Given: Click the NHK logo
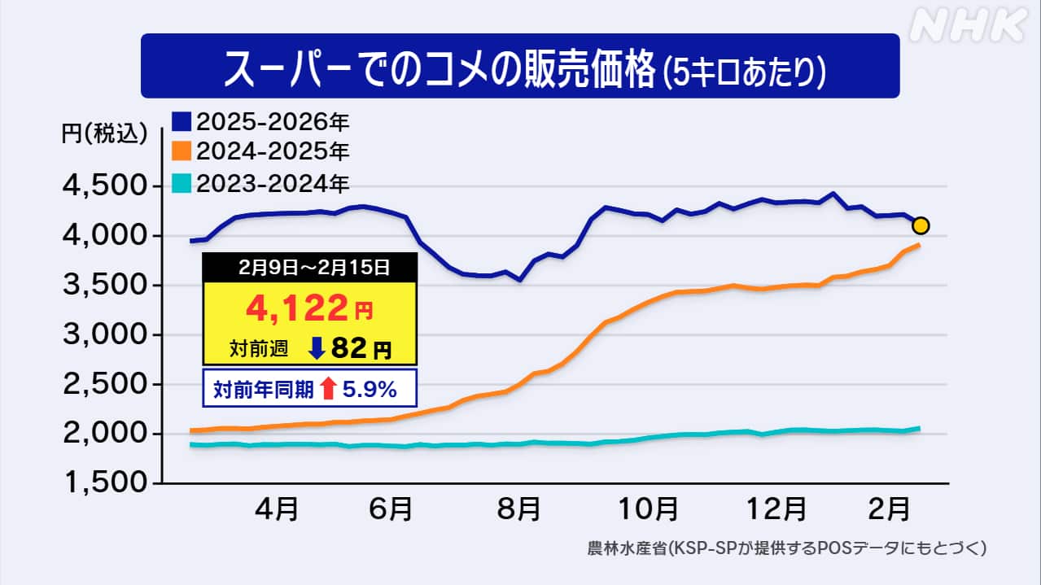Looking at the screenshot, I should [967, 26].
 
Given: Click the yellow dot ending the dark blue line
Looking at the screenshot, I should [921, 225].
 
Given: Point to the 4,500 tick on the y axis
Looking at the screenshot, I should [104, 186].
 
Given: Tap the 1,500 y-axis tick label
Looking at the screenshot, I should [104, 483].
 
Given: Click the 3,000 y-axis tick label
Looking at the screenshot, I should [104, 335].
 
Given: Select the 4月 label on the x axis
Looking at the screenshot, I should [276, 511].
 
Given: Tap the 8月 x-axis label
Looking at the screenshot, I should [518, 511].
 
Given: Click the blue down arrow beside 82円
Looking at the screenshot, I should [317, 348].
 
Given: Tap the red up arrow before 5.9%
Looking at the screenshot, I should [328, 390].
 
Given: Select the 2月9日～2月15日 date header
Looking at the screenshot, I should [310, 266].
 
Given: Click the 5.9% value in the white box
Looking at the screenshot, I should [369, 390].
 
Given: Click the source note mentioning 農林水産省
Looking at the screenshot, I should [786, 548].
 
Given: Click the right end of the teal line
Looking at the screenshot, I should [919, 428].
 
